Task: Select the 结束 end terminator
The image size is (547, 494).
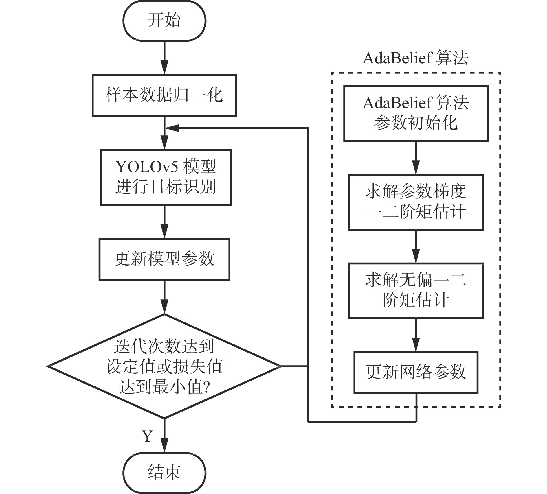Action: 164,472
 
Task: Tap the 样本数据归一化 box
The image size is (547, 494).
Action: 164,95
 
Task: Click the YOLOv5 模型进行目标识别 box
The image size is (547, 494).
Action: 166,177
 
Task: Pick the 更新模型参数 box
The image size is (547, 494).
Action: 164,259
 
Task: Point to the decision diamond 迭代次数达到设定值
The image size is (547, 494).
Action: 164,366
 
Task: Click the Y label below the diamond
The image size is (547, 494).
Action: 147,436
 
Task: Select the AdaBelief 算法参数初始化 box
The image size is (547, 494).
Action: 416,113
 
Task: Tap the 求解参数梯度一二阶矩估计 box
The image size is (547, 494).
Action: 416,202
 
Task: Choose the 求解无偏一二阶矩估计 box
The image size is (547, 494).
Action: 416,291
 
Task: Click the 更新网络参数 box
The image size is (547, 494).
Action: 416,373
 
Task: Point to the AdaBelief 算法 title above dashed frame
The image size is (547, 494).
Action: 416,58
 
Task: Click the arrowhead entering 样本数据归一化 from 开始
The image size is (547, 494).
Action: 164,68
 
